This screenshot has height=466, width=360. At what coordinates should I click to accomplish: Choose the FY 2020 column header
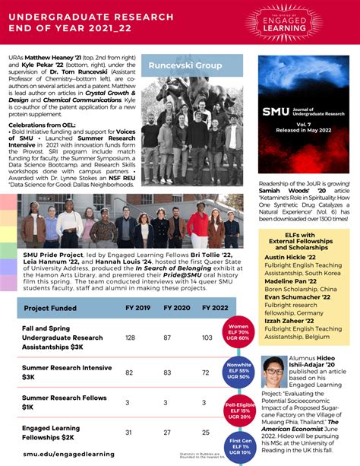pos(175,309)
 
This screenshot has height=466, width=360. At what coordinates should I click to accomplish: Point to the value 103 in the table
pos(206,337)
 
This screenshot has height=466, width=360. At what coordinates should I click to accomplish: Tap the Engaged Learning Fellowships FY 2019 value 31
pos(129,433)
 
